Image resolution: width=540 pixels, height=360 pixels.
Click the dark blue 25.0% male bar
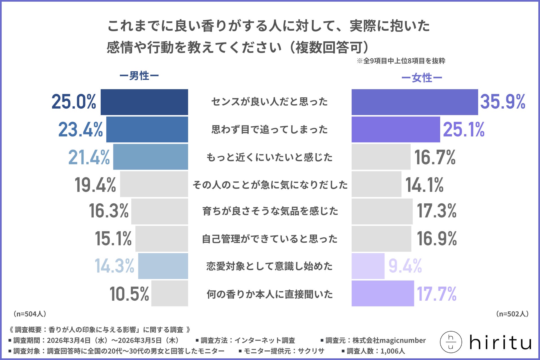pos(144,102)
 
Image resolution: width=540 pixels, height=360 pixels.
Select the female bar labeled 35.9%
pos(415,102)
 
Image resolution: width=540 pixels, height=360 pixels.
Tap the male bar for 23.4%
pos(147,129)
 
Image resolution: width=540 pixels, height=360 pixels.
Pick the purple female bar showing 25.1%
pos(396,129)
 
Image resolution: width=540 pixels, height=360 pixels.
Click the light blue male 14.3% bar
pos(163,266)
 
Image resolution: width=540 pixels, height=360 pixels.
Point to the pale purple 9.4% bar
pos(368,266)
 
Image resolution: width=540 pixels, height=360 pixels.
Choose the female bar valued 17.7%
pos(382,293)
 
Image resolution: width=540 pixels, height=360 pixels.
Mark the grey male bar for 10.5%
pos(170,293)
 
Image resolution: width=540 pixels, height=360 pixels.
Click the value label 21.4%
pos(89,157)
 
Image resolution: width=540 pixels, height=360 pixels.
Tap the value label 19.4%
pos(95,185)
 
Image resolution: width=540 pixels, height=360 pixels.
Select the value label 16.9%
pos(436,239)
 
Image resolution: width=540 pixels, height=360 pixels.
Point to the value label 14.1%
pos(424,185)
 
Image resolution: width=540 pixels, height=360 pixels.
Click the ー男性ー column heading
pos(139,76)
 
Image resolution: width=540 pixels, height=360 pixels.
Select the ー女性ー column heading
pos(422,78)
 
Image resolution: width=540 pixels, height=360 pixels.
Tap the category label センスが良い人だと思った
pos(269,102)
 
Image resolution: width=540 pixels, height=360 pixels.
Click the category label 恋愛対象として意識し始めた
pos(269,266)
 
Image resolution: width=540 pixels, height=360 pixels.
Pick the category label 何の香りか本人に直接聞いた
pos(269,294)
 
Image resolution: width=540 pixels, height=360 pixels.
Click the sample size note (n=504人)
pos(30,314)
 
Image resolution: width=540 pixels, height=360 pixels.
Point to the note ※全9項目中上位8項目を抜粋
pos(401,61)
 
